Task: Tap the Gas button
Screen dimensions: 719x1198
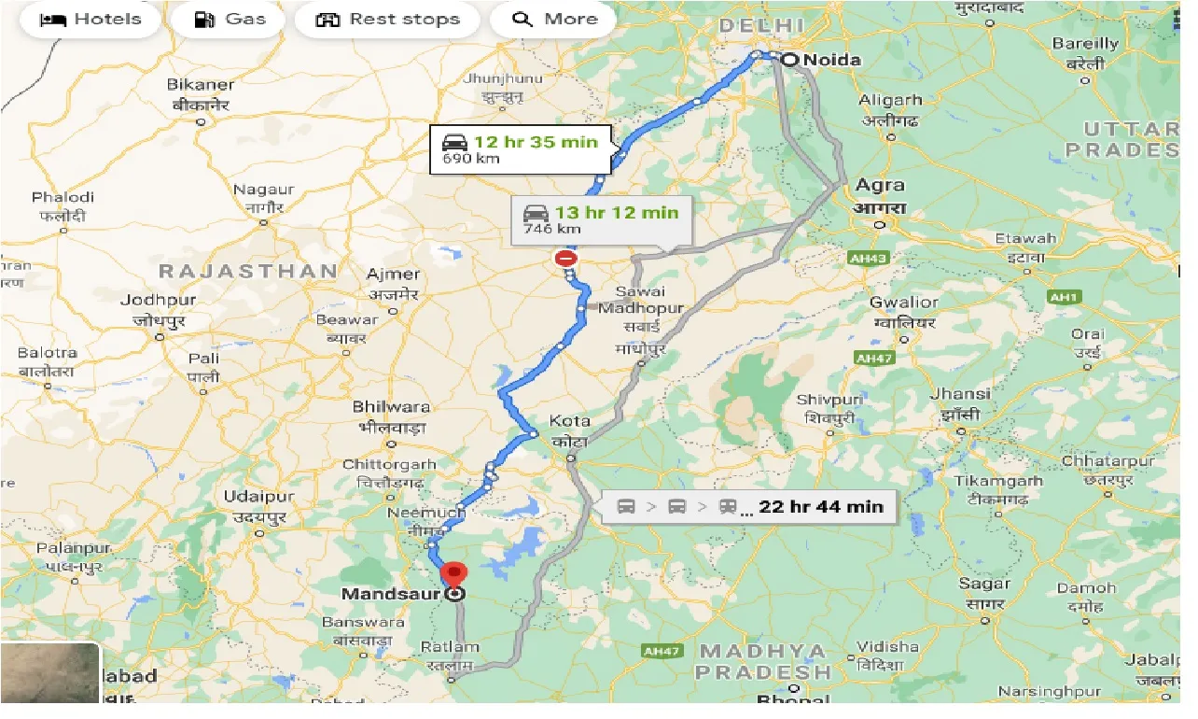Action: [x=229, y=20]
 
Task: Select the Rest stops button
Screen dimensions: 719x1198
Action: [x=387, y=20]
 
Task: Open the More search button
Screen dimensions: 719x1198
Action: [x=553, y=20]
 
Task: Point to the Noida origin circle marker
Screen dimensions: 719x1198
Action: [x=789, y=60]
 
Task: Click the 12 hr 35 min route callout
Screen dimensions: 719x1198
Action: [x=521, y=149]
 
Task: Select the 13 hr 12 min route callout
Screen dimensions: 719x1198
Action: [x=601, y=219]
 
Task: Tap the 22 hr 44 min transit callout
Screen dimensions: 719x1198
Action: [x=748, y=507]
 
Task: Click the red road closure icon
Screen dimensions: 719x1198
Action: [x=565, y=258]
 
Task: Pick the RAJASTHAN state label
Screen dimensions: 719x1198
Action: [x=248, y=272]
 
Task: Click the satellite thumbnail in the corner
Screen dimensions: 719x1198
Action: [x=49, y=672]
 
